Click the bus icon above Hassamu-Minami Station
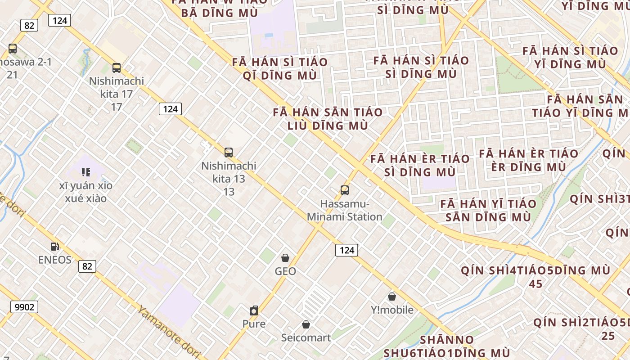[x=345, y=190]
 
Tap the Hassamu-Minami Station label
[x=345, y=211]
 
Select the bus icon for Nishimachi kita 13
[x=229, y=153]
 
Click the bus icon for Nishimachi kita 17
[x=117, y=68]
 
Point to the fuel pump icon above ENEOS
[x=54, y=247]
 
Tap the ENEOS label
[x=54, y=260]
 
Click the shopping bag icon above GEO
[x=285, y=258]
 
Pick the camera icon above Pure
[x=254, y=310]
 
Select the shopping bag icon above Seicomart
[x=306, y=324]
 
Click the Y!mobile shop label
[x=392, y=310]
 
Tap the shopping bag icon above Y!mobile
[x=392, y=297]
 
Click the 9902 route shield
[x=24, y=307]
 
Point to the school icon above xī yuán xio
[x=85, y=172]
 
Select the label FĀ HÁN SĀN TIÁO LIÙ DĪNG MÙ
[x=328, y=119]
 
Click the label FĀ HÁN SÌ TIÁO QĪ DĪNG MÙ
[x=279, y=68]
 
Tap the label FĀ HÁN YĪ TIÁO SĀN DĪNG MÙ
[x=488, y=211]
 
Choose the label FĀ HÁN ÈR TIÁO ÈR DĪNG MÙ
[x=528, y=160]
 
